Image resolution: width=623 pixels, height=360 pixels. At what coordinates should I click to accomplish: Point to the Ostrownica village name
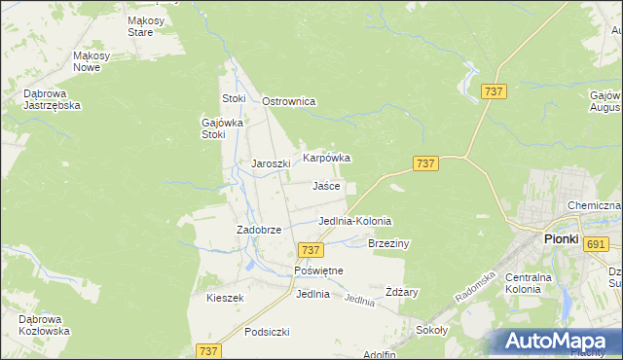point(290,101)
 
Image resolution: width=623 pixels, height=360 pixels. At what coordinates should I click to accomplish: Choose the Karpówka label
point(326,157)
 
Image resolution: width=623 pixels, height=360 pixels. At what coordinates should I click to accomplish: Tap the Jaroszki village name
point(272,164)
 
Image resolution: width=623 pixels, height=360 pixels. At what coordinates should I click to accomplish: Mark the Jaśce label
point(326,186)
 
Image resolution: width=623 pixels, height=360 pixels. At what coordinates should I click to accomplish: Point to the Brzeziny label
point(389,243)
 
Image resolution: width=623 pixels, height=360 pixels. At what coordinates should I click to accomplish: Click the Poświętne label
point(318,270)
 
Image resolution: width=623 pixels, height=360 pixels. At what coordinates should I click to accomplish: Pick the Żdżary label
point(401,292)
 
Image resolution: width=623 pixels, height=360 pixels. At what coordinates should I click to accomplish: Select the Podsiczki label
point(268,332)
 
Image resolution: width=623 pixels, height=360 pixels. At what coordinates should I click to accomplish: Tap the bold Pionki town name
point(561,237)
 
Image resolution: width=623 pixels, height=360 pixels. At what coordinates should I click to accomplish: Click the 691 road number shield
point(596,243)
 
